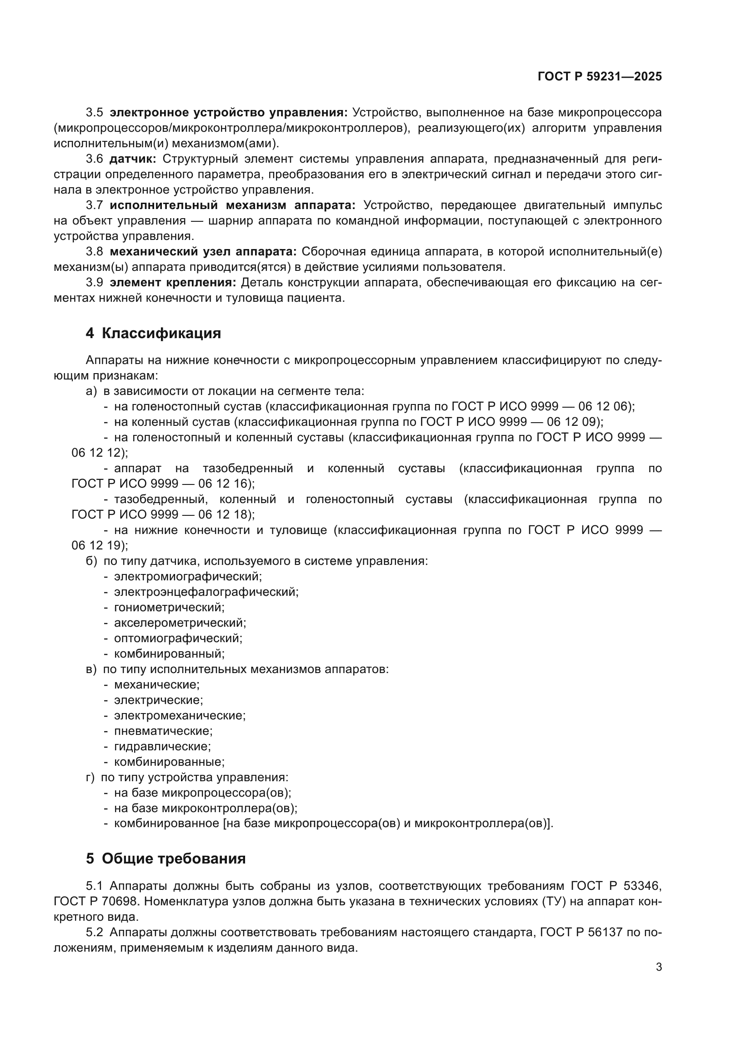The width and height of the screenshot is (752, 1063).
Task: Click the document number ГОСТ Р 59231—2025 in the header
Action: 600,77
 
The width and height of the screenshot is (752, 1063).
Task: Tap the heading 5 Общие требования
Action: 165,859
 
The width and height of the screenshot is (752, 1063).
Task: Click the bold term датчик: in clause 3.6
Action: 133,159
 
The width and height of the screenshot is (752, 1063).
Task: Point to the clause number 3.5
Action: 95,113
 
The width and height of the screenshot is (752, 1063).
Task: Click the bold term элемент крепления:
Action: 173,282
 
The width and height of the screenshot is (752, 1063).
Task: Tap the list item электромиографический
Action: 187,576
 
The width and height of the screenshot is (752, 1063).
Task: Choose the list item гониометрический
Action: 169,608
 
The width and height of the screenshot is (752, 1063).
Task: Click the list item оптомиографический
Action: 178,639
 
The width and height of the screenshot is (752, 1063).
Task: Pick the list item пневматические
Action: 163,731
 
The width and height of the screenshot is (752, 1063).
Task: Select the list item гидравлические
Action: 162,746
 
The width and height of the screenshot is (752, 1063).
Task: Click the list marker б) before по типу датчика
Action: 91,561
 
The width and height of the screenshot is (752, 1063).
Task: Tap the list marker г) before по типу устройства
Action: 90,777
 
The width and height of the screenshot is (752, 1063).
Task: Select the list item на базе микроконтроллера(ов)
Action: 205,808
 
